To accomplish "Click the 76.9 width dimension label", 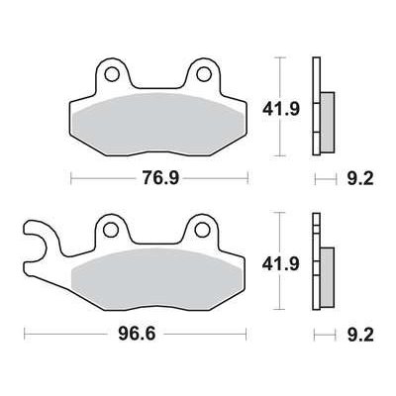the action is (x=160, y=178).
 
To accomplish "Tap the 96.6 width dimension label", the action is (x=137, y=335).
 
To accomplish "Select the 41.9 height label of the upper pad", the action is (x=281, y=109).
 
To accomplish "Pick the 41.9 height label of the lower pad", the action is (x=281, y=264).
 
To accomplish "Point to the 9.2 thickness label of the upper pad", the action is (x=360, y=178).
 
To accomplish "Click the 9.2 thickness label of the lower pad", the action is (x=360, y=335).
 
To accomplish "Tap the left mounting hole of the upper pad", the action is (x=112, y=73).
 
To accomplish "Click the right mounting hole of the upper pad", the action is (x=203, y=73).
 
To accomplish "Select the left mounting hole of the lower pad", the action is (x=111, y=229).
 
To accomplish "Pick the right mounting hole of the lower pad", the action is (x=201, y=229).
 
